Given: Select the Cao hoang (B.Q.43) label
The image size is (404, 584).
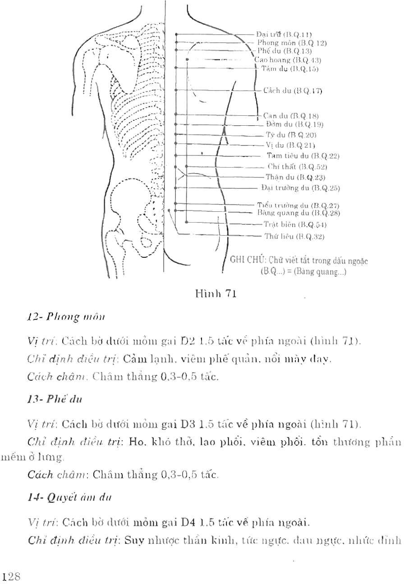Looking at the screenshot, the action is (281, 59).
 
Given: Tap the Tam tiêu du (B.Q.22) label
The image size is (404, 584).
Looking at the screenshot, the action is (303, 156).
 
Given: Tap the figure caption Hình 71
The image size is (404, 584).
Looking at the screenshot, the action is (214, 294).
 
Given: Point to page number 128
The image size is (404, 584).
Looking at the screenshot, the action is (11, 575).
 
